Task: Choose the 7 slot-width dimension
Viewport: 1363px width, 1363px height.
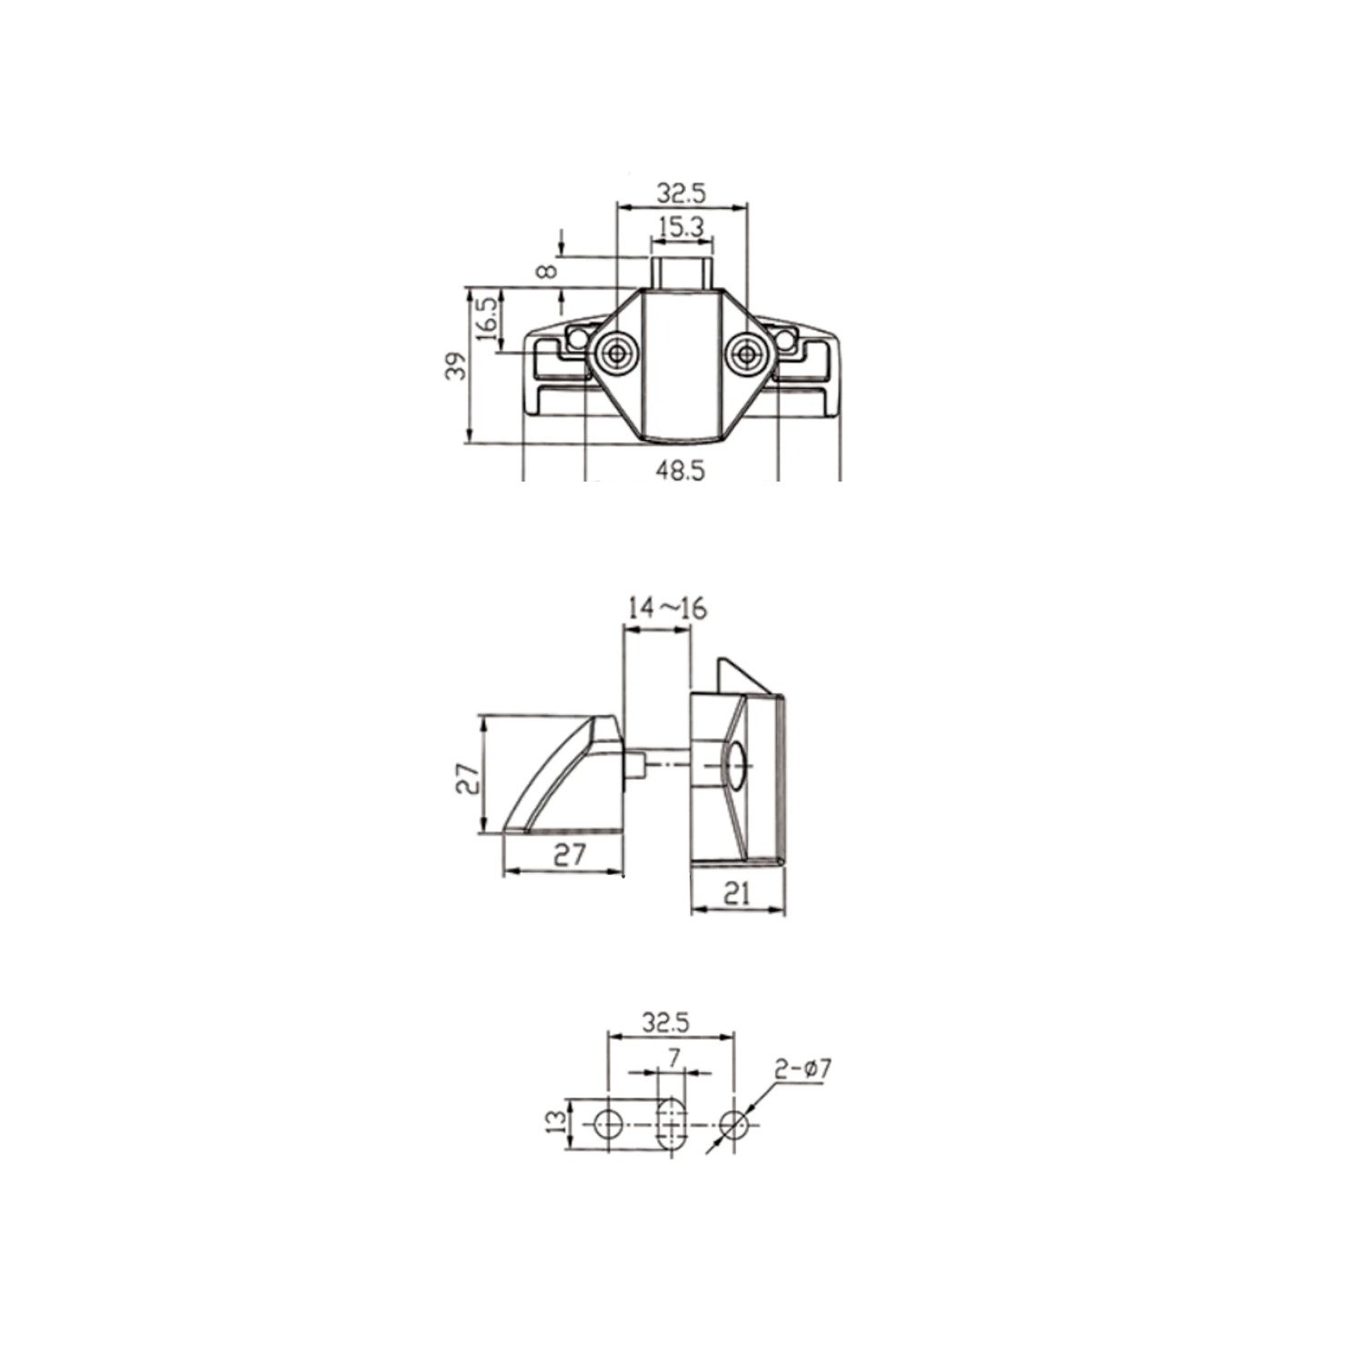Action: tap(673, 1057)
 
